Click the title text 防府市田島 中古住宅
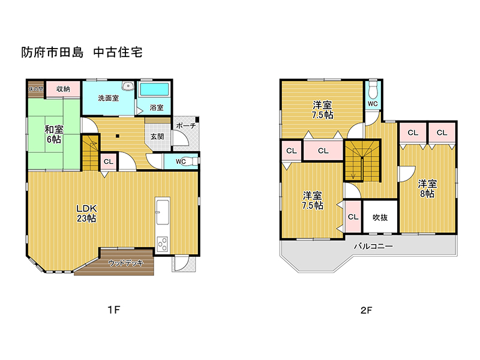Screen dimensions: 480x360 point(82,52)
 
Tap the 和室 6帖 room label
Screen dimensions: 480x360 point(54,134)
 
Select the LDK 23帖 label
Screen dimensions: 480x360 point(86,214)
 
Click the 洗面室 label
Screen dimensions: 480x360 point(109,98)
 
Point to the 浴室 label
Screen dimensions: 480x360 point(157,107)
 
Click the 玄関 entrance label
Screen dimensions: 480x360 point(157,137)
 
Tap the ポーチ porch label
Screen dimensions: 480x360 point(186,125)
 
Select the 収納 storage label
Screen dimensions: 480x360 point(63,89)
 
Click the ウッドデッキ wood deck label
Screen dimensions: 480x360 point(125,263)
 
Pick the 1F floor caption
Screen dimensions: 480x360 point(114,310)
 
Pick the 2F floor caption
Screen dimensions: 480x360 point(367,310)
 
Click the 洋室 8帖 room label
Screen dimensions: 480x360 point(427,189)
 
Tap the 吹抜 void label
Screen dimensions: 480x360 point(380,217)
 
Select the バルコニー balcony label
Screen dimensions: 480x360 point(373,246)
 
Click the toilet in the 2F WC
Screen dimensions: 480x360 point(373,88)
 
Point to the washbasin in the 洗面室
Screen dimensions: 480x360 point(128,86)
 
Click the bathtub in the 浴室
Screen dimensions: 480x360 point(155,89)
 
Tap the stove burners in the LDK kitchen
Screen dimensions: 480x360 point(162,244)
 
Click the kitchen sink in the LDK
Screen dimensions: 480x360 point(163,212)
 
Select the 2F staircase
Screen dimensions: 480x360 point(362,161)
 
